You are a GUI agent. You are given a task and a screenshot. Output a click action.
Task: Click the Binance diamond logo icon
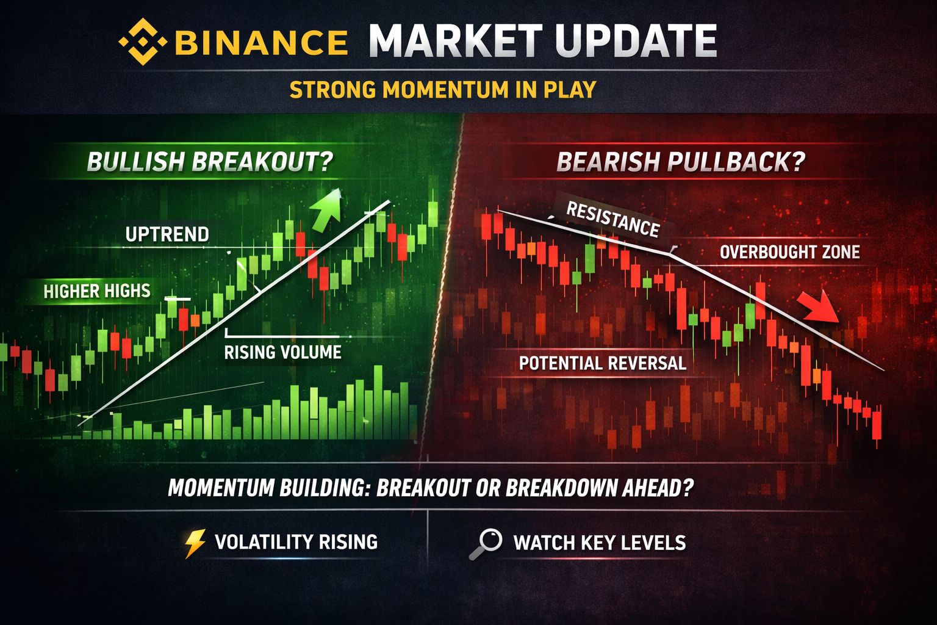(143, 42)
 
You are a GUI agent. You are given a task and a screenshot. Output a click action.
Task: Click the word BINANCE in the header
(261, 42)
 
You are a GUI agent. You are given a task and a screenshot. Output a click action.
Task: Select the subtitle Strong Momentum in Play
(443, 90)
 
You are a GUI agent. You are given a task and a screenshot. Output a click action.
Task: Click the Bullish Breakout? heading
(210, 162)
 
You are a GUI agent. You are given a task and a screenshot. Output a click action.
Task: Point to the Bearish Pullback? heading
(681, 162)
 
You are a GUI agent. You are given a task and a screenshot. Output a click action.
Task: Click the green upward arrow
(327, 210)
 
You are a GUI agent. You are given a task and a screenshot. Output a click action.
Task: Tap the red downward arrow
(819, 306)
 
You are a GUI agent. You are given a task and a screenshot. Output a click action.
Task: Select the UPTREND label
(167, 234)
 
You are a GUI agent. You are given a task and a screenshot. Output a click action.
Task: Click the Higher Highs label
(97, 291)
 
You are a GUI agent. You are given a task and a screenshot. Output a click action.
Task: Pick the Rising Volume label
(283, 353)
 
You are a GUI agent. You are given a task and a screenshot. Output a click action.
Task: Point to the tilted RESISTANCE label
(613, 219)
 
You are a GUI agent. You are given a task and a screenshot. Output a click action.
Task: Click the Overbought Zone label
(790, 252)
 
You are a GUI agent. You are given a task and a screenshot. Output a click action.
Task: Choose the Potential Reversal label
(603, 363)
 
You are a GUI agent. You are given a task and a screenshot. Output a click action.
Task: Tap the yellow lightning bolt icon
(195, 543)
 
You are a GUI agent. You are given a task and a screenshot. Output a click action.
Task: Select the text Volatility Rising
(296, 542)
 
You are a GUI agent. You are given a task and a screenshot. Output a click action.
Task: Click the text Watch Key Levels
(600, 543)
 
